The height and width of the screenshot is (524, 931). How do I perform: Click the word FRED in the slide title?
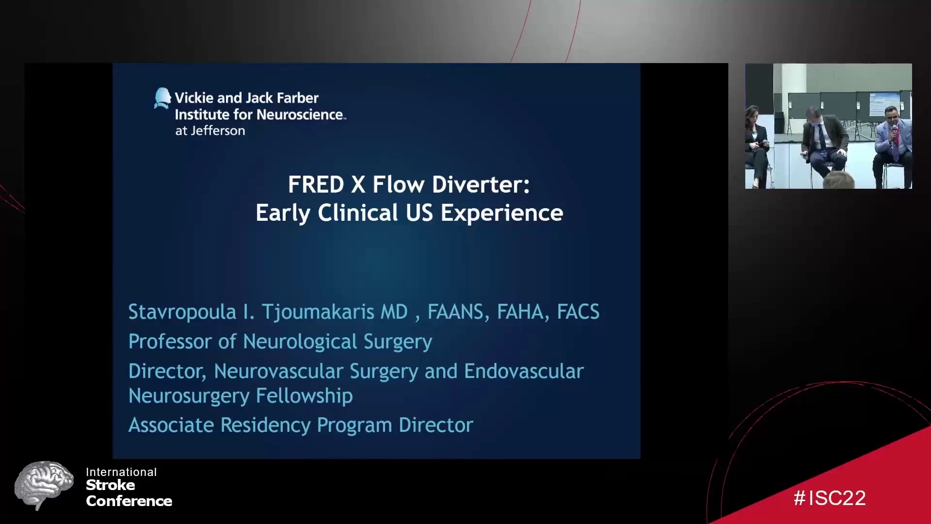click(316, 184)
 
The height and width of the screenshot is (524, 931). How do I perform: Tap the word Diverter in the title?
click(481, 184)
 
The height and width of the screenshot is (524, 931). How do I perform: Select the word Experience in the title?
click(502, 213)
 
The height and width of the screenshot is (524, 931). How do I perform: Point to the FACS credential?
click(578, 312)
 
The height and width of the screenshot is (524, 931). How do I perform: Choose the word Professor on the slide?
click(170, 342)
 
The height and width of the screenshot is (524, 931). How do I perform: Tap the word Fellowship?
click(304, 396)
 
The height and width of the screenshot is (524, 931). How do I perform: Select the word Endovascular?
click(524, 371)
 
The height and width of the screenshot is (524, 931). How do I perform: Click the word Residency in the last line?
click(266, 426)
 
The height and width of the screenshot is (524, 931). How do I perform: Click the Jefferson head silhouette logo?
click(162, 98)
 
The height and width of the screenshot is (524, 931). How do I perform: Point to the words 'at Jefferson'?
click(210, 131)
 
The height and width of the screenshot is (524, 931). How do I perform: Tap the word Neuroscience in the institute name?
click(301, 115)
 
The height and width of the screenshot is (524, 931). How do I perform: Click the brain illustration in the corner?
click(45, 485)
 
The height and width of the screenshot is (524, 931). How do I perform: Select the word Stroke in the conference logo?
click(111, 485)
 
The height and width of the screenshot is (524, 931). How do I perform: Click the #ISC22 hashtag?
click(830, 498)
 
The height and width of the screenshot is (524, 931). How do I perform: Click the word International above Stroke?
click(121, 472)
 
